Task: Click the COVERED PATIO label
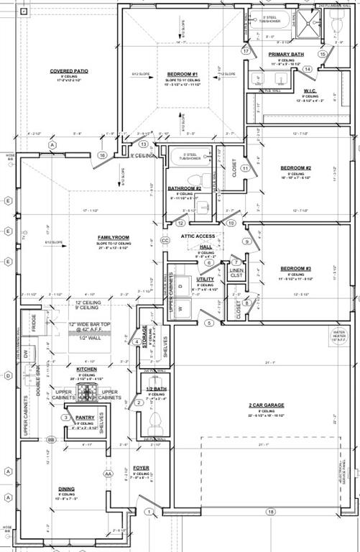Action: tap(69, 71)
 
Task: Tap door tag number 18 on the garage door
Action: tap(271, 512)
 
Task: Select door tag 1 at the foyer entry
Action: tap(149, 512)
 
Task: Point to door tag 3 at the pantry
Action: tap(65, 417)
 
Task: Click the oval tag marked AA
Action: tap(109, 474)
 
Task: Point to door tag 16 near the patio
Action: tap(103, 155)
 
